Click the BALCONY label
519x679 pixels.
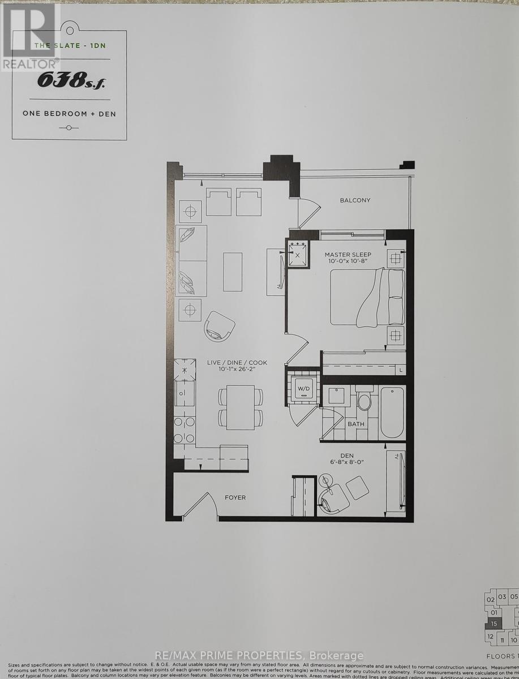[355, 200]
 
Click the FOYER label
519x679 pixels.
[235, 497]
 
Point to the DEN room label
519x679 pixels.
[347, 454]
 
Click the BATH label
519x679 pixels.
[356, 424]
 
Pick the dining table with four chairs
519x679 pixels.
[241, 407]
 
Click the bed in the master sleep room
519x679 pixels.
[366, 297]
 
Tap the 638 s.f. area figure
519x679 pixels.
[71, 81]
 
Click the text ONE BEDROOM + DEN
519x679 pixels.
[69, 114]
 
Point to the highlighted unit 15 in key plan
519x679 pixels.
[494, 624]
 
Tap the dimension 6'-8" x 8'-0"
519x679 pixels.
[347, 462]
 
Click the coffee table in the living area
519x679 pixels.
[232, 272]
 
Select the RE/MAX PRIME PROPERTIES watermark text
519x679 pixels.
[259, 656]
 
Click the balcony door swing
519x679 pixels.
[308, 208]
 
